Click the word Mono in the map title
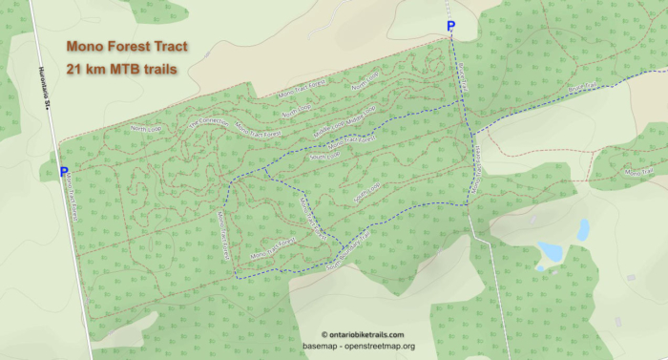pyautogui.click(x=86, y=46)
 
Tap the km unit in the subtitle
pyautogui.click(x=96, y=68)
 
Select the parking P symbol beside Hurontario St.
pyautogui.click(x=64, y=172)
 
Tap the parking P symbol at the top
pyautogui.click(x=450, y=27)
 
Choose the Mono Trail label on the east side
pyautogui.click(x=637, y=172)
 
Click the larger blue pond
pyautogui.click(x=550, y=251)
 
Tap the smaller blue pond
pyautogui.click(x=583, y=229)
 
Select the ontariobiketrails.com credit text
pyautogui.click(x=363, y=334)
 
